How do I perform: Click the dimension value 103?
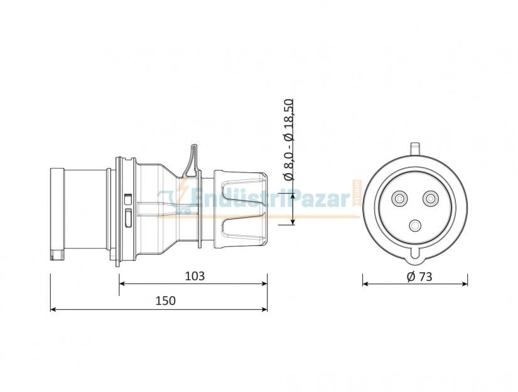tap(194, 275)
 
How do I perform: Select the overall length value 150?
tap(166, 301)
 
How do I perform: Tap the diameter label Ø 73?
tap(419, 276)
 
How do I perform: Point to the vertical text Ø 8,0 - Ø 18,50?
tap(289, 139)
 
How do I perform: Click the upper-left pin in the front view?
tap(399, 199)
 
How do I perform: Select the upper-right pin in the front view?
tap(430, 199)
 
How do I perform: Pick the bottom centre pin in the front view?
tap(414, 226)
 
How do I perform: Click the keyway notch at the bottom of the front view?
tap(414, 253)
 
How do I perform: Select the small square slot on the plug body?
tap(128, 199)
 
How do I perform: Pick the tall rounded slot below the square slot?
tap(128, 218)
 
